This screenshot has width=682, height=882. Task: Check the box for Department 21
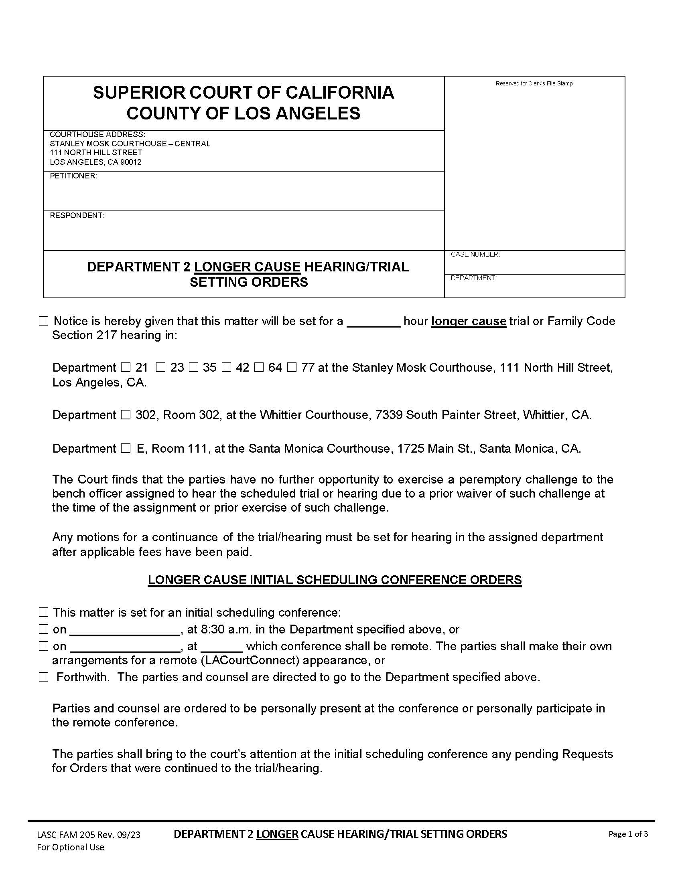click(126, 368)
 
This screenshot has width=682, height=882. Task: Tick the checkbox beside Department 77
click(292, 368)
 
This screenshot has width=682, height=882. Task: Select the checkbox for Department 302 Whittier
click(126, 415)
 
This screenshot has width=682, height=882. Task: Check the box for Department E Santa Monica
click(126, 449)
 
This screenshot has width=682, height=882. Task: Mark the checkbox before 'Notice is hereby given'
click(43, 321)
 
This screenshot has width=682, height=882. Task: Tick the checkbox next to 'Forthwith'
click(43, 677)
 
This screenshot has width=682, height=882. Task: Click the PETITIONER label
click(73, 176)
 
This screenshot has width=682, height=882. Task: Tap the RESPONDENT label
click(77, 216)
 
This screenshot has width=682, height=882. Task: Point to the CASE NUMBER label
click(475, 255)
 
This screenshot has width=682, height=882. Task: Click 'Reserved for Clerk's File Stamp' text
click(534, 84)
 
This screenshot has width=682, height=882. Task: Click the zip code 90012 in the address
click(131, 162)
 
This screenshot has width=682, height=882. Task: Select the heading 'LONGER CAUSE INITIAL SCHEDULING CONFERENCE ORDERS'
click(335, 580)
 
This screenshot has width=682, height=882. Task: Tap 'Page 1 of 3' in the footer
click(628, 834)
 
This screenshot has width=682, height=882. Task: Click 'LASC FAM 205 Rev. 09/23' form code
click(89, 835)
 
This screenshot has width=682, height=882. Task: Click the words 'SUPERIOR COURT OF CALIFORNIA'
click(243, 93)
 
